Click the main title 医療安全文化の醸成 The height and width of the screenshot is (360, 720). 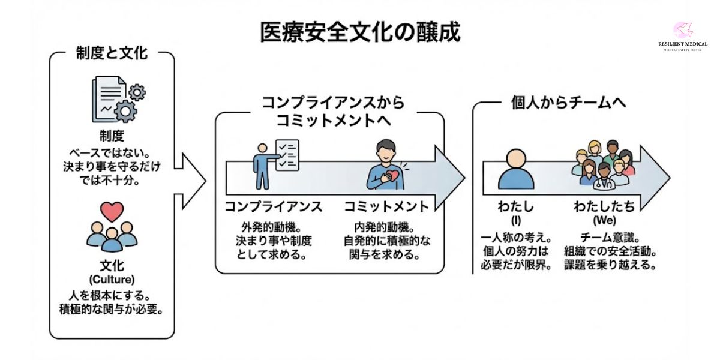click(360, 32)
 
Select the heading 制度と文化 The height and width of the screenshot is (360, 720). click(112, 53)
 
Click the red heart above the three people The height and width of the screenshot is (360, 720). click(112, 211)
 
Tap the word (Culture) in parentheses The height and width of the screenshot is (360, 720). click(112, 279)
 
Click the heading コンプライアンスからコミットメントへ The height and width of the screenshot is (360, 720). click(332, 110)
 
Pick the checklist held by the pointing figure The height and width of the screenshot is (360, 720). click(286, 155)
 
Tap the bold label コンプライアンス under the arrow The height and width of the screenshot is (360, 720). click(273, 208)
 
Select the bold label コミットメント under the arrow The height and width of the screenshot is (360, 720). click(386, 208)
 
